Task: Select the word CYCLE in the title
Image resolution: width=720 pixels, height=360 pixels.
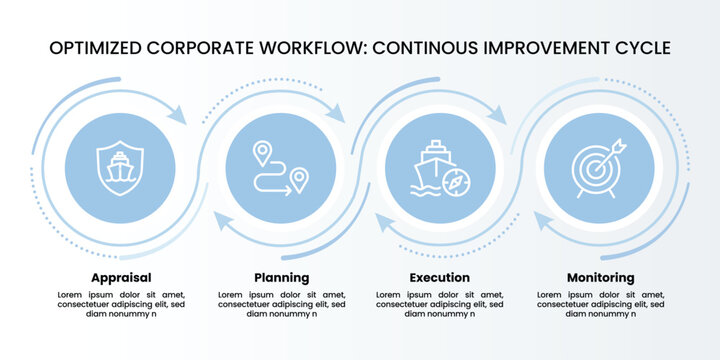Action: point(636,48)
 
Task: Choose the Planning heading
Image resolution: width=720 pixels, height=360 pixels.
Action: point(281,277)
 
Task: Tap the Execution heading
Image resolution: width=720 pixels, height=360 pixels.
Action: point(439,277)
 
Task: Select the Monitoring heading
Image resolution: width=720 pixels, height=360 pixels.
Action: point(600,277)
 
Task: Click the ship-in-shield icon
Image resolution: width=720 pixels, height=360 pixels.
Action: point(120,167)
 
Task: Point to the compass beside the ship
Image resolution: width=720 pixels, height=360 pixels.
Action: point(456,183)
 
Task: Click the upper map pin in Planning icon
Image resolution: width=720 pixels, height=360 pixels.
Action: point(262,152)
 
